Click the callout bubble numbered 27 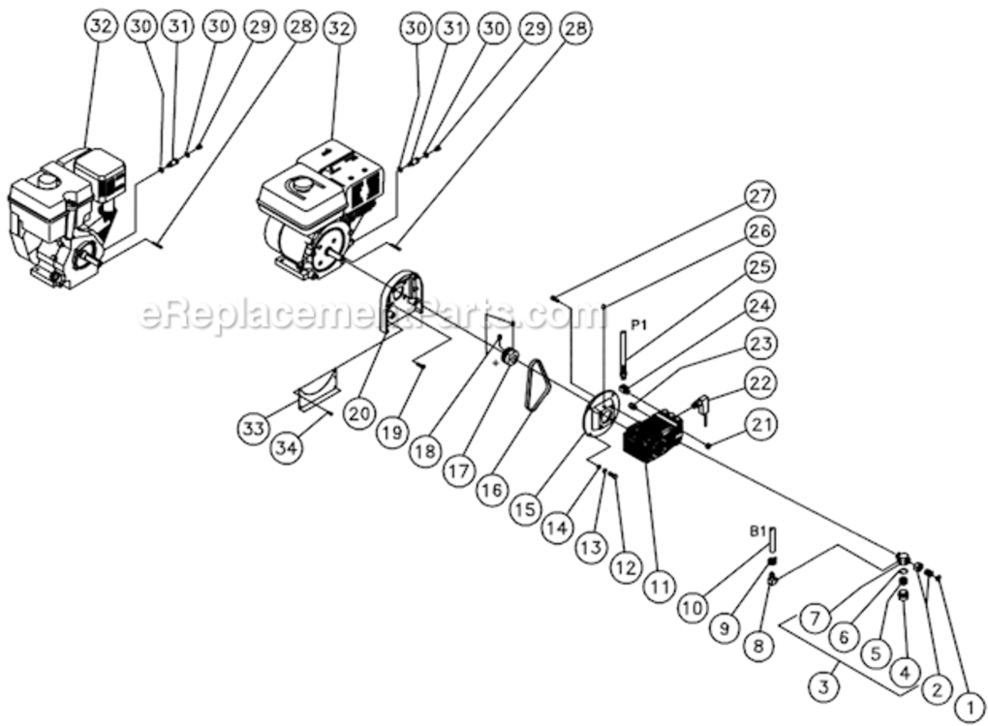click(x=759, y=196)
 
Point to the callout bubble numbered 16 click(x=491, y=490)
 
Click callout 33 click(x=254, y=428)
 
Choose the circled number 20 click(x=360, y=413)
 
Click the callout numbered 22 click(x=759, y=384)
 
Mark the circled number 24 click(x=759, y=306)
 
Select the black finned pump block click(x=652, y=439)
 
